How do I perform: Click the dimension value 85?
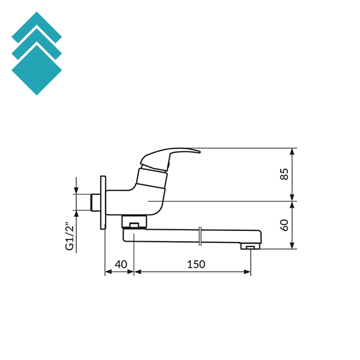pyautogui.click(x=284, y=174)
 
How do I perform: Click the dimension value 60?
pyautogui.click(x=284, y=225)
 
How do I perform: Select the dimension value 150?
pyautogui.click(x=196, y=264)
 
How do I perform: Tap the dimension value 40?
pyautogui.click(x=121, y=264)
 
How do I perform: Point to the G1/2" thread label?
pyautogui.click(x=70, y=236)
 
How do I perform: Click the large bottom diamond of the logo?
pyautogui.click(x=37, y=70)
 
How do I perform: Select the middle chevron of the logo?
pyautogui.click(x=37, y=44)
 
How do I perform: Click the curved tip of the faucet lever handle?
pyautogui.click(x=198, y=151)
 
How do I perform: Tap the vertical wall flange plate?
pyautogui.click(x=103, y=203)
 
